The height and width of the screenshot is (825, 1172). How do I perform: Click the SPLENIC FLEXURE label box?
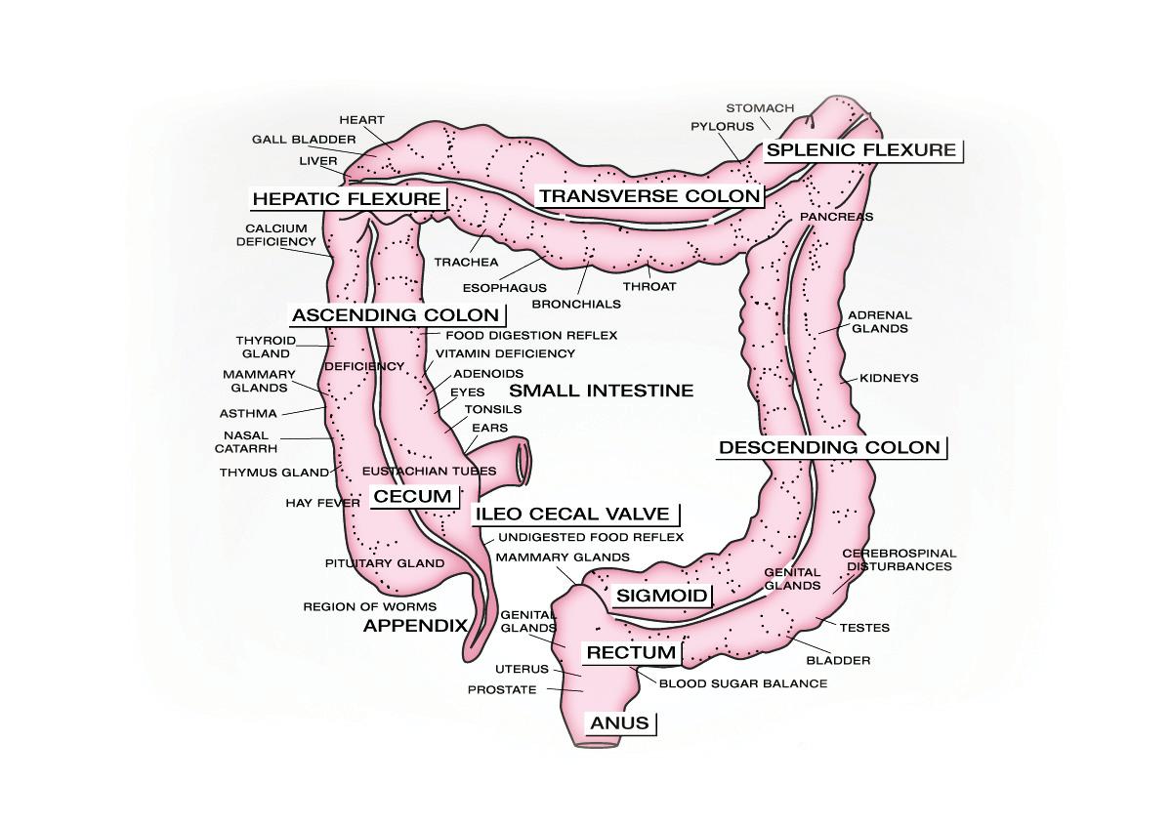tap(860, 150)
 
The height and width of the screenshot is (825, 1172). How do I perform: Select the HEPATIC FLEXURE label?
tap(347, 199)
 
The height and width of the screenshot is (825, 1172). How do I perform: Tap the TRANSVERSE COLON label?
tap(649, 196)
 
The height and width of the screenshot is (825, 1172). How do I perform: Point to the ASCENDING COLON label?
tap(396, 315)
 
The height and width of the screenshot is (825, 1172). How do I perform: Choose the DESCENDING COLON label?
tap(830, 448)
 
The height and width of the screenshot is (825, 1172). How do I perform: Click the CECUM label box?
tap(413, 497)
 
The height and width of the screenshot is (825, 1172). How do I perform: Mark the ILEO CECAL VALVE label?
tap(572, 515)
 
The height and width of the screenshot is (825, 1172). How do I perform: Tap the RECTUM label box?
tap(630, 652)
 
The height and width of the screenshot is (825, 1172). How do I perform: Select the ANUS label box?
tap(620, 723)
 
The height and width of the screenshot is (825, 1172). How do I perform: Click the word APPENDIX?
tap(415, 626)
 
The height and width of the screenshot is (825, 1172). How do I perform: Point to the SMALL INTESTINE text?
tap(602, 391)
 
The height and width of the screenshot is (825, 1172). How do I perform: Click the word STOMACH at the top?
tap(760, 107)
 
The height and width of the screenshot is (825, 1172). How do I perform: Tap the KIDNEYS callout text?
tap(889, 378)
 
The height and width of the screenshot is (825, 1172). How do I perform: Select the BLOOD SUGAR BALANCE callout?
tap(743, 683)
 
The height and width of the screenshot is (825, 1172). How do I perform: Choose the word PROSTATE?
tap(502, 690)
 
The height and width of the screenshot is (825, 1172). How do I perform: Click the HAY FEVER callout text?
tap(323, 503)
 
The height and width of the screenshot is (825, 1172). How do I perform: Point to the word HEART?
tap(361, 120)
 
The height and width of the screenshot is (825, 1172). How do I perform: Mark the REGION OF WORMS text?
tap(356, 606)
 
